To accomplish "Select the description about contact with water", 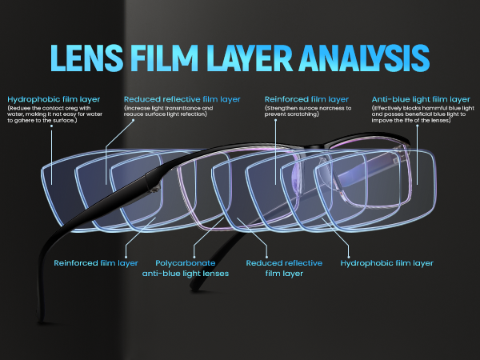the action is tap(51, 114).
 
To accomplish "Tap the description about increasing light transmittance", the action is tap(169, 110).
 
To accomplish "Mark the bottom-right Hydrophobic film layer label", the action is tap(387, 262).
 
